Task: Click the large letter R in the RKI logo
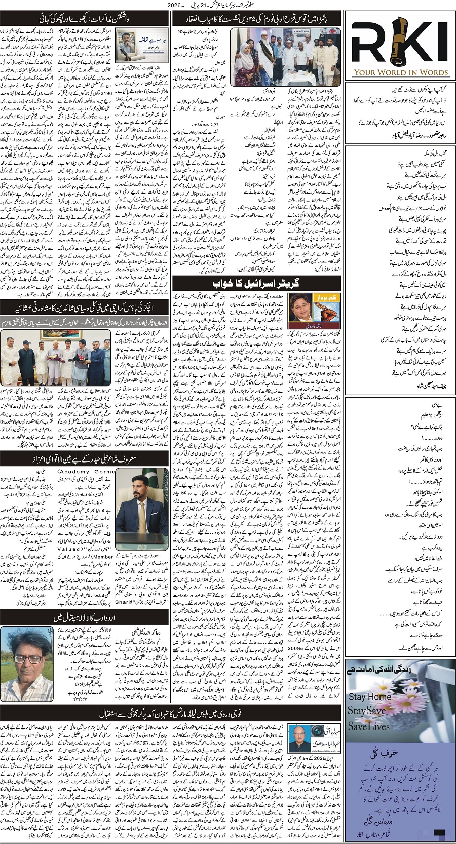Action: tap(368, 43)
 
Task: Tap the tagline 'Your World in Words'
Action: tap(400, 72)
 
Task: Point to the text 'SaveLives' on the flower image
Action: tap(368, 726)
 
